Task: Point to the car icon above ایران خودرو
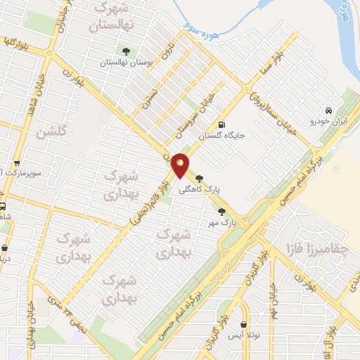click(328, 110)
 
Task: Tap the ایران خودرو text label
click(328, 122)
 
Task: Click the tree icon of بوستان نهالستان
click(127, 51)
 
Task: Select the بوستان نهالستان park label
click(127, 62)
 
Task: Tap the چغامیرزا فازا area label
click(313, 248)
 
